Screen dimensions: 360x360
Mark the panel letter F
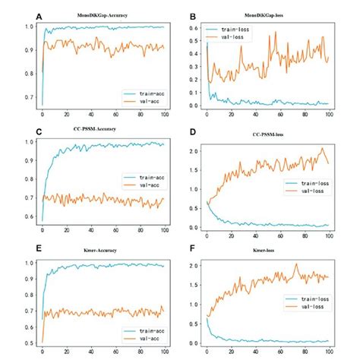point(194,250)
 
